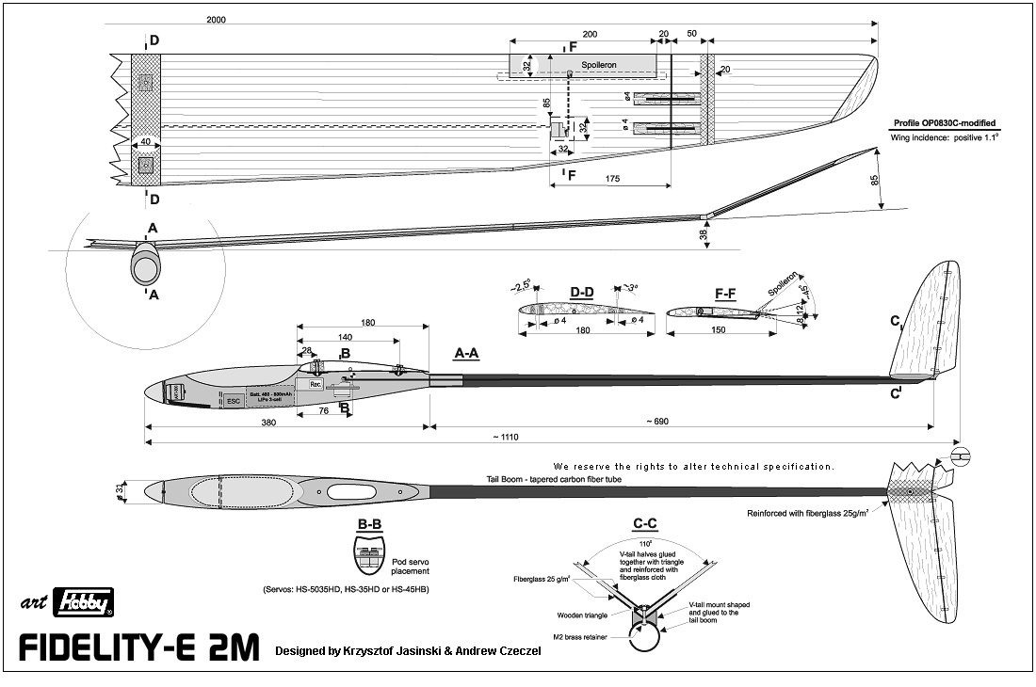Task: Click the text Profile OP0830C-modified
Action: tap(943, 124)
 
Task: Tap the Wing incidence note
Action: tap(943, 138)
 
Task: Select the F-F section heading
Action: tap(724, 294)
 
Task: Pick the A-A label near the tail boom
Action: tap(467, 354)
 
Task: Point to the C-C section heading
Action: tap(645, 525)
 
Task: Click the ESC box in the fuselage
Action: tap(234, 399)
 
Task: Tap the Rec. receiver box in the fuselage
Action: tap(316, 384)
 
